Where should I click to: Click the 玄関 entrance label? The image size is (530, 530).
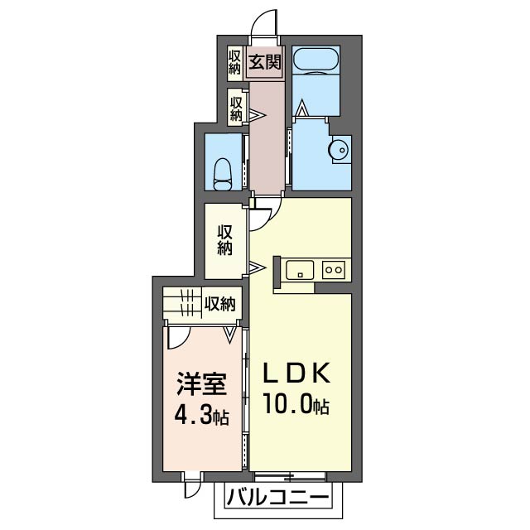click(265, 63)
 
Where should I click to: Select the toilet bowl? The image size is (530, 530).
click(223, 175)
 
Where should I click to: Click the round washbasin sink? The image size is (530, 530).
click(339, 149)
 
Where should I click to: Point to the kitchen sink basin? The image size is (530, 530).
click(300, 270)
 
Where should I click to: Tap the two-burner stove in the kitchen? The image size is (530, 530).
click(334, 270)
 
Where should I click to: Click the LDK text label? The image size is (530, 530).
click(296, 373)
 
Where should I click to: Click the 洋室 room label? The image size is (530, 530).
click(201, 384)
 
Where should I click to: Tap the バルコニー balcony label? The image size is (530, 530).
click(277, 498)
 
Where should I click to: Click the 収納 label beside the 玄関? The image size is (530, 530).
click(234, 63)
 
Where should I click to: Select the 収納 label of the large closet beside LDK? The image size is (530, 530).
click(224, 240)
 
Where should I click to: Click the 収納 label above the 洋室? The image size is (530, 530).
click(219, 303)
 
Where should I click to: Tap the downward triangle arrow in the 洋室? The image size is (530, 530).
click(230, 335)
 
